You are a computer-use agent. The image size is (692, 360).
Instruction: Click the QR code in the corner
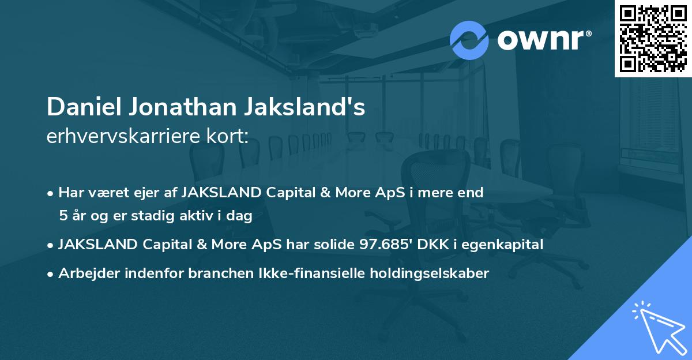[x=652, y=38]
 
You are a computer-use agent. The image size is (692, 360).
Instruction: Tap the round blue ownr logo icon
[x=469, y=40]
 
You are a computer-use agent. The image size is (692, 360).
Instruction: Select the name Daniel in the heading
[x=80, y=108]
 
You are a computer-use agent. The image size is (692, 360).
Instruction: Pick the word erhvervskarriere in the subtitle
[x=119, y=137]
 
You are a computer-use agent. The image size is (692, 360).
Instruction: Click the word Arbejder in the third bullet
[x=87, y=273]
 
